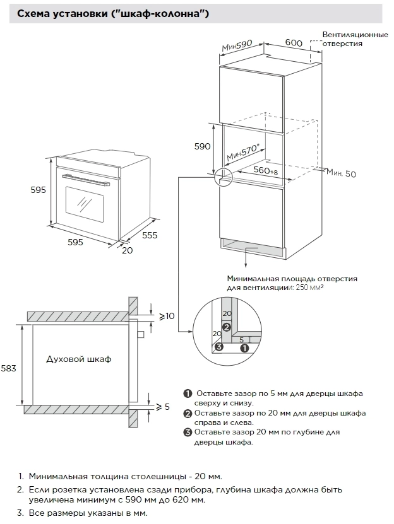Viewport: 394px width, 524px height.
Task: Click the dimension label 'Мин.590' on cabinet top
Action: [x=237, y=46]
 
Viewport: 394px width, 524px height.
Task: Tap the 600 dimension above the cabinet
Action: [x=293, y=42]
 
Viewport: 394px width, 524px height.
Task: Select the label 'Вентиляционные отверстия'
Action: [x=355, y=38]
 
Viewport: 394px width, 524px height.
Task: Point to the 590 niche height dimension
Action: [x=202, y=146]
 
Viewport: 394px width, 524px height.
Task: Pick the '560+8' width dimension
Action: [x=266, y=171]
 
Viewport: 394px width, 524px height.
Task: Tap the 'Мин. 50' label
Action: [x=342, y=173]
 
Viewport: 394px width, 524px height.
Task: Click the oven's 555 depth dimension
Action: [x=150, y=235]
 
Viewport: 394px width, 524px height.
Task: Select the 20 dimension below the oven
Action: [x=128, y=250]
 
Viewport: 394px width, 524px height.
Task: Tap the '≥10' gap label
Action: [x=167, y=316]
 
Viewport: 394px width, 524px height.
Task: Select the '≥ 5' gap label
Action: [x=163, y=407]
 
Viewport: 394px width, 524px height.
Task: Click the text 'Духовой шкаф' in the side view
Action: [x=78, y=359]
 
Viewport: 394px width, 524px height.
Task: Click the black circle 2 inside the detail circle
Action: [x=227, y=327]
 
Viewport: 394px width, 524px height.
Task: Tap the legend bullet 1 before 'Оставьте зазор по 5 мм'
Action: [x=188, y=393]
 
